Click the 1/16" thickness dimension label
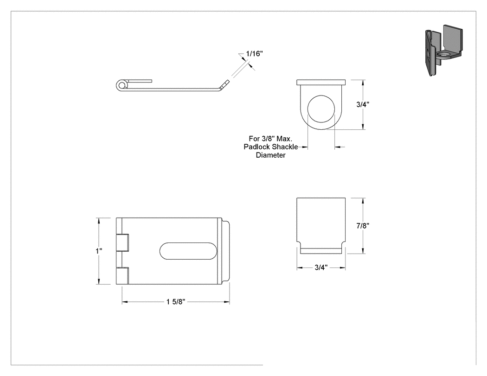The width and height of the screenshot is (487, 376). tap(254, 54)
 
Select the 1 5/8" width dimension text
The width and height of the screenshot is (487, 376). tap(176, 302)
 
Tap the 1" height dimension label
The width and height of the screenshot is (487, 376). tap(99, 251)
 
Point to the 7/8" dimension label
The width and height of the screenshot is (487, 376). tap(363, 226)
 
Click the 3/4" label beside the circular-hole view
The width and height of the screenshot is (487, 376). tap(363, 105)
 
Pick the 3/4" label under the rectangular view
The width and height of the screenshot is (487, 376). tap(321, 268)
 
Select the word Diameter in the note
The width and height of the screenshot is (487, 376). tap(270, 155)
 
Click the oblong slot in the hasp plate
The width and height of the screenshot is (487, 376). tap(188, 251)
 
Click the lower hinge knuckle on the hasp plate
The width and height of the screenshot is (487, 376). tap(122, 276)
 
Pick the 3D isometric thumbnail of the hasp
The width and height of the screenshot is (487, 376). tap(443, 50)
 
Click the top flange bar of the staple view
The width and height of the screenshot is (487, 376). tap(321, 82)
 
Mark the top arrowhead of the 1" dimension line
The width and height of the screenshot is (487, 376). tap(99, 221)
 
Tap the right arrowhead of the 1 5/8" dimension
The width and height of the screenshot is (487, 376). tap(227, 302)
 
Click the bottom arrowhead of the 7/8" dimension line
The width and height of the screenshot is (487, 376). tap(363, 251)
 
